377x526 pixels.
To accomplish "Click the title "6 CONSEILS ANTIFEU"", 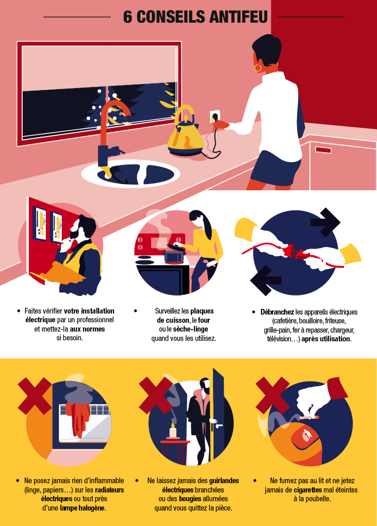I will [195, 17].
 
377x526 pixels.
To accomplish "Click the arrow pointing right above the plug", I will [325, 222].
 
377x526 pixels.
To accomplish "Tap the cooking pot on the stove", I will [174, 255].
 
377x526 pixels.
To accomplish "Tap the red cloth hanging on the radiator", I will [80, 418].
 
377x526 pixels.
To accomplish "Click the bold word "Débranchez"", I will [278, 312].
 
